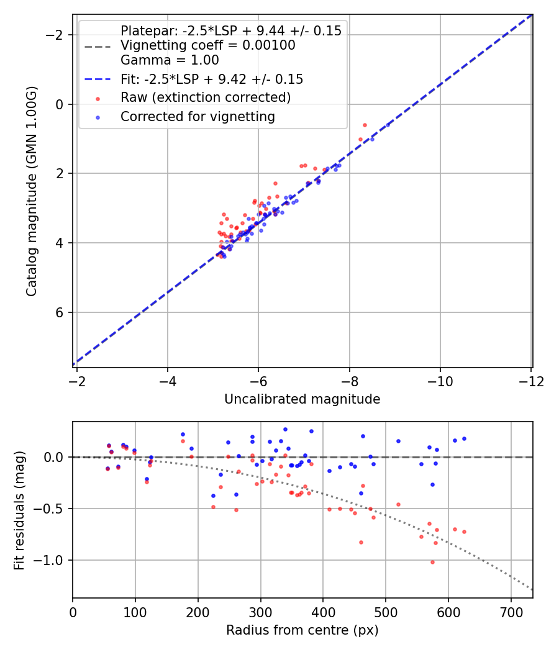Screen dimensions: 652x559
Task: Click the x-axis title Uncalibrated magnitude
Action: coord(302,399)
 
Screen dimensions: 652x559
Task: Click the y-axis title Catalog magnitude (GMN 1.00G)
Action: coord(32,191)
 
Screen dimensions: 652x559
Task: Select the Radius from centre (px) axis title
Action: coord(302,630)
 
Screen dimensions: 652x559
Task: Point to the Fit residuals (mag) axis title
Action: coord(19,509)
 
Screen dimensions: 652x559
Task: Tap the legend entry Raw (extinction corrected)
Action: coord(205,97)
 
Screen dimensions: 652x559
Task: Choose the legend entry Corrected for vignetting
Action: coord(198,116)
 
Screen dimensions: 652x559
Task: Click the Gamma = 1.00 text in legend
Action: coord(170,61)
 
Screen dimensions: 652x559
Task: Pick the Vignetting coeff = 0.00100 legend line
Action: coord(207,45)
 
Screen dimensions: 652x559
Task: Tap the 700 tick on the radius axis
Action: coord(511,612)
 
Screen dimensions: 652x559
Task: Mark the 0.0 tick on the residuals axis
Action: coord(55,457)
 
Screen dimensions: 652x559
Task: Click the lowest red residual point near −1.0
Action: coord(432,562)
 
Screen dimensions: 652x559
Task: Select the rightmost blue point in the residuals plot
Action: coord(464,438)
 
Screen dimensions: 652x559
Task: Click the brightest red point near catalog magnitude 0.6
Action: coord(365,125)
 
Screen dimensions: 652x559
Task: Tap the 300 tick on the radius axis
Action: coord(260,612)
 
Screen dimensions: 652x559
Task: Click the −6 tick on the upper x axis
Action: coord(258,381)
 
